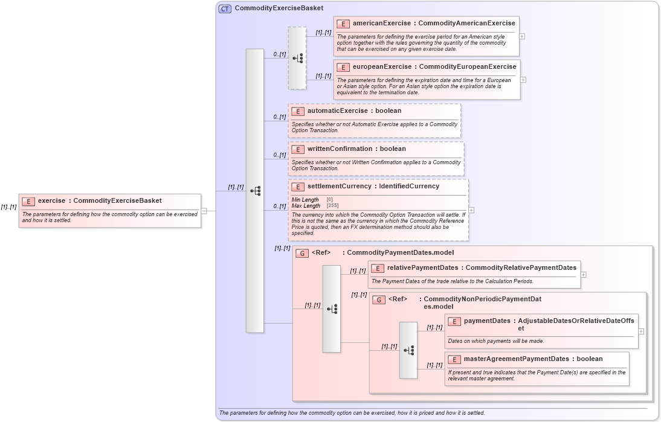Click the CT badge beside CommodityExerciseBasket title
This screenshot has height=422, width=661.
[225, 8]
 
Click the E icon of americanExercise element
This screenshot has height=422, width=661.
[343, 24]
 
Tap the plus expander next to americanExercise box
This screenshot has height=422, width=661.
[522, 36]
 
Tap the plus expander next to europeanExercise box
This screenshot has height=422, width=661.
[523, 80]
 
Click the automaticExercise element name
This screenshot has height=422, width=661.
[337, 111]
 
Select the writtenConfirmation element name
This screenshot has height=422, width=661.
[340, 149]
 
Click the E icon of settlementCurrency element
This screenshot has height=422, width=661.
[298, 187]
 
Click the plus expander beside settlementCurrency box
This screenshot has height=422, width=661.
[471, 210]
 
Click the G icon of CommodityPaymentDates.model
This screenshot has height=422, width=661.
[302, 253]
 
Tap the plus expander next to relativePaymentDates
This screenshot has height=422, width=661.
[583, 274]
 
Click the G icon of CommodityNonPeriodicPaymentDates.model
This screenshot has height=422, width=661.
[379, 299]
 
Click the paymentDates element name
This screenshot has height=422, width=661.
[487, 321]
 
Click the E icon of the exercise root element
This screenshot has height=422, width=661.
[28, 201]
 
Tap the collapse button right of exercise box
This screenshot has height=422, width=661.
[204, 211]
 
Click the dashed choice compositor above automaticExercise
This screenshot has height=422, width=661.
[297, 58]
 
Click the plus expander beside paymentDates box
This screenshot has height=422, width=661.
[641, 331]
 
